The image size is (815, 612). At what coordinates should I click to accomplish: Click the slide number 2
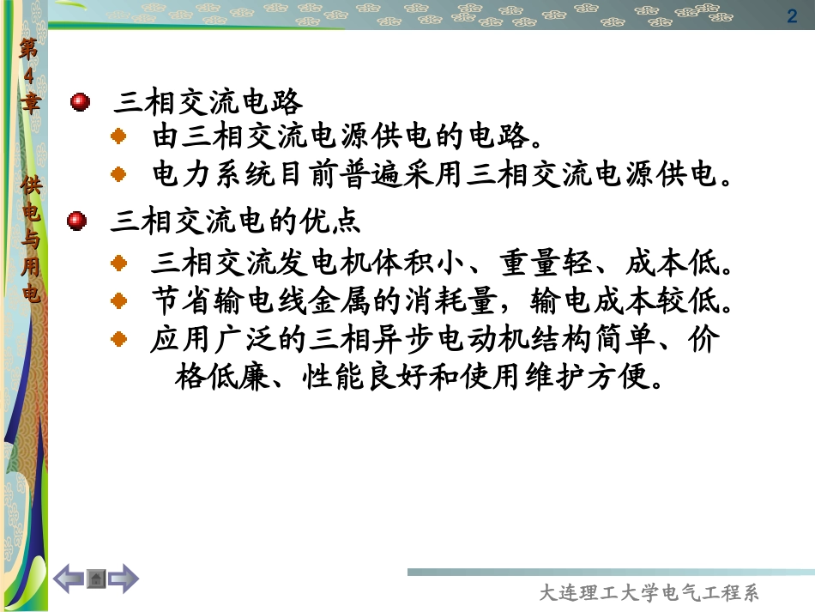[792, 15]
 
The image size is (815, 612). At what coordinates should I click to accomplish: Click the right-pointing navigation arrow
[124, 578]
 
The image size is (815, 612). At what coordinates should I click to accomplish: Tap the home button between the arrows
[96, 579]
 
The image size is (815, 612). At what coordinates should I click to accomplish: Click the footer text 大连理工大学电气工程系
[649, 593]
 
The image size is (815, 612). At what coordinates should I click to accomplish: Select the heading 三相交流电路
[208, 102]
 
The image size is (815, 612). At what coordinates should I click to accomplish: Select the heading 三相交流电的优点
[236, 221]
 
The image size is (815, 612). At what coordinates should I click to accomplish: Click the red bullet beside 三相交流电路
[80, 102]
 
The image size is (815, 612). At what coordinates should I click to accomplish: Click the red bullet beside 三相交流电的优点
[78, 221]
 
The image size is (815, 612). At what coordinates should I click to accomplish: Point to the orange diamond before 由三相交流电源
[120, 136]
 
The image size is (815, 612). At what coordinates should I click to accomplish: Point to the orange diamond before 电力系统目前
[120, 174]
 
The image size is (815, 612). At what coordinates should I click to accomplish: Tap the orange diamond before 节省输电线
[120, 300]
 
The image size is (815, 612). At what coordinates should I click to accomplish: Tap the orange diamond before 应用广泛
[120, 339]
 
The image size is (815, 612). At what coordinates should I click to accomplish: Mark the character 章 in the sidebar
[31, 105]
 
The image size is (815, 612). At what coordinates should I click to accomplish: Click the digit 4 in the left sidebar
[31, 76]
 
